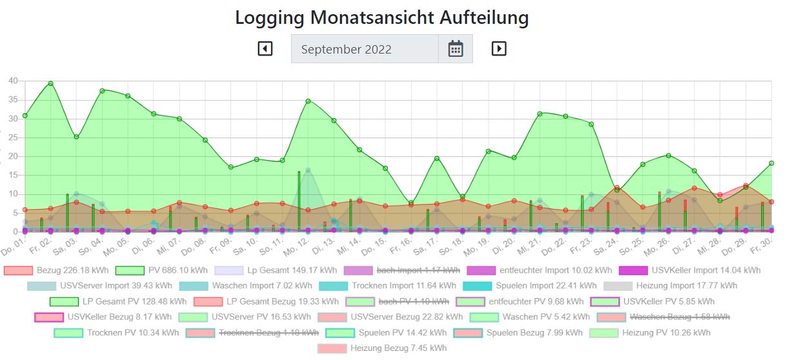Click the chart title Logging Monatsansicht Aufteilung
click(381, 17)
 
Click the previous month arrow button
click(265, 48)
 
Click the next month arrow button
click(499, 48)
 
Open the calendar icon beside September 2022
click(456, 48)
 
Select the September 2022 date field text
click(347, 49)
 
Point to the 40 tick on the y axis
click(13, 81)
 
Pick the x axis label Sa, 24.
click(604, 246)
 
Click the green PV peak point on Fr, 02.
click(50, 83)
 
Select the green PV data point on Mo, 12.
click(308, 101)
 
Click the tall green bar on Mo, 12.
click(299, 200)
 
